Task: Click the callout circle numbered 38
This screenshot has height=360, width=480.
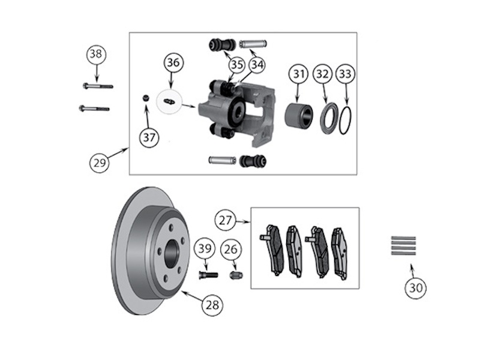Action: tap(96, 54)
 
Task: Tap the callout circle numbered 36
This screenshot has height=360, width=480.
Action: tap(173, 62)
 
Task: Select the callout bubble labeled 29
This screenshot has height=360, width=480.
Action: tap(100, 163)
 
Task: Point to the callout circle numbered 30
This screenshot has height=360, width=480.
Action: tap(415, 288)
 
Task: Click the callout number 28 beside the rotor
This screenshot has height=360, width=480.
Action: tap(212, 305)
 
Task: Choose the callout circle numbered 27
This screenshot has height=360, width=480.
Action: tap(226, 220)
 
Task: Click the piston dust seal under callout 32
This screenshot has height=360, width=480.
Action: tap(329, 118)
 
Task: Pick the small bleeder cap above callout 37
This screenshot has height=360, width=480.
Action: tap(146, 98)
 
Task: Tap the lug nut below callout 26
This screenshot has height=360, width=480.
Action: tap(236, 274)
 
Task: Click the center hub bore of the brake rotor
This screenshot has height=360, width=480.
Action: tap(172, 253)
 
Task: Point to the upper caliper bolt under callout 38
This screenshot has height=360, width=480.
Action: tap(98, 86)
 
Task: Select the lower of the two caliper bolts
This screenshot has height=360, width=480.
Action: tap(94, 108)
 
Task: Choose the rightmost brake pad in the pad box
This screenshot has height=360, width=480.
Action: tap(340, 254)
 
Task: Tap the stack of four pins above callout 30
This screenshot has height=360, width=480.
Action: tap(403, 246)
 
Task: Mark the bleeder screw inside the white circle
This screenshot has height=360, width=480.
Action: tap(169, 101)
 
